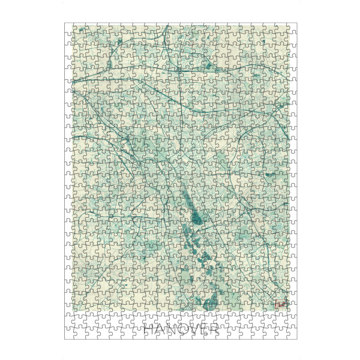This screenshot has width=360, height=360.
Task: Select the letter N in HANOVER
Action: pyautogui.click(x=173, y=330)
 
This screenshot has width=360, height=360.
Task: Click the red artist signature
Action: pyautogui.click(x=281, y=305)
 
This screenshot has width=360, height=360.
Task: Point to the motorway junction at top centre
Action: pyautogui.click(x=179, y=71)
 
